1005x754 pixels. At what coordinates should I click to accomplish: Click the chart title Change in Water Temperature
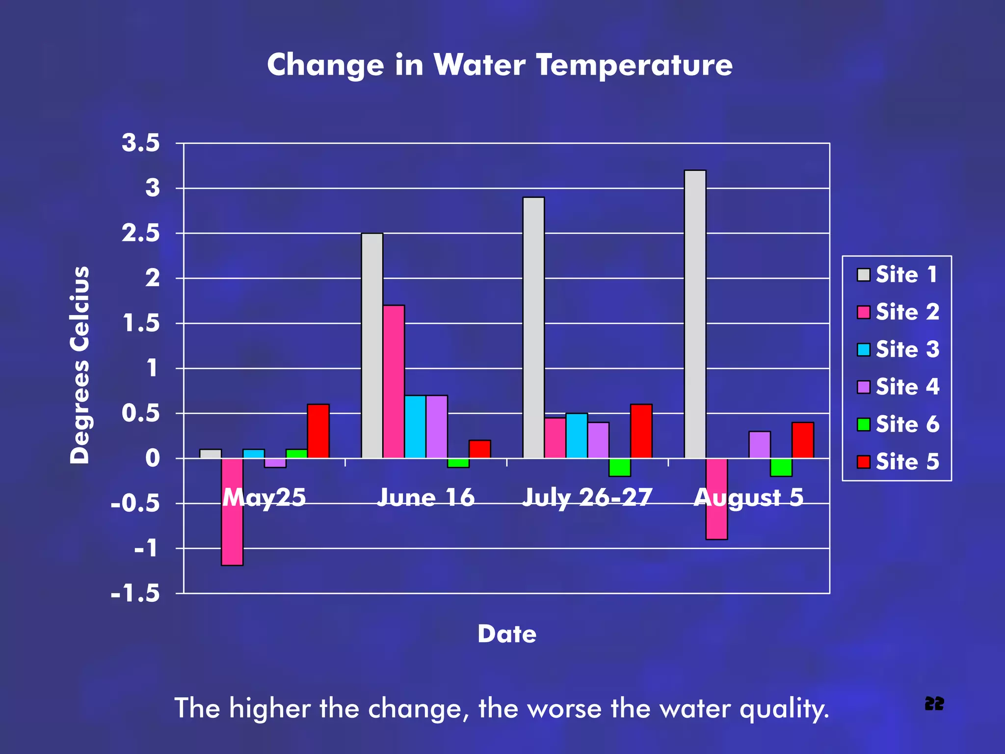point(499,65)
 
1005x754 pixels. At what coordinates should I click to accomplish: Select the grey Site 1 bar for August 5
point(695,314)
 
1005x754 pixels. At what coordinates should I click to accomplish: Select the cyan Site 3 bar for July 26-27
point(577,436)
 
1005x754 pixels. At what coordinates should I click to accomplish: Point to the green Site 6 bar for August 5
point(781,467)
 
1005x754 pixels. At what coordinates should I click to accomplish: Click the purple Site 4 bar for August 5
point(759,445)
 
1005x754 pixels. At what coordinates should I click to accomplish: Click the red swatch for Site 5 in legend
point(863,462)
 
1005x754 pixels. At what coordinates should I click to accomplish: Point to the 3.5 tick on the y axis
point(141,143)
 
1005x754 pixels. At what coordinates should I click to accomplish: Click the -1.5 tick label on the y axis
point(135,594)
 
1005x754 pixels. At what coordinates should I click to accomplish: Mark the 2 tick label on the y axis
point(153,278)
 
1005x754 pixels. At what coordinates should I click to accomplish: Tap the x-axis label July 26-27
point(587,497)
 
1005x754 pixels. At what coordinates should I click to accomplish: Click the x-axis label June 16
point(425,497)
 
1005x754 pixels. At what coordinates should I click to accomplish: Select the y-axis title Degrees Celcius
point(79,365)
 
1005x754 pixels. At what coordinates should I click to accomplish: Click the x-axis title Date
point(507,634)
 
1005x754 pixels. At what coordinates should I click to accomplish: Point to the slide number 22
point(934,704)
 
